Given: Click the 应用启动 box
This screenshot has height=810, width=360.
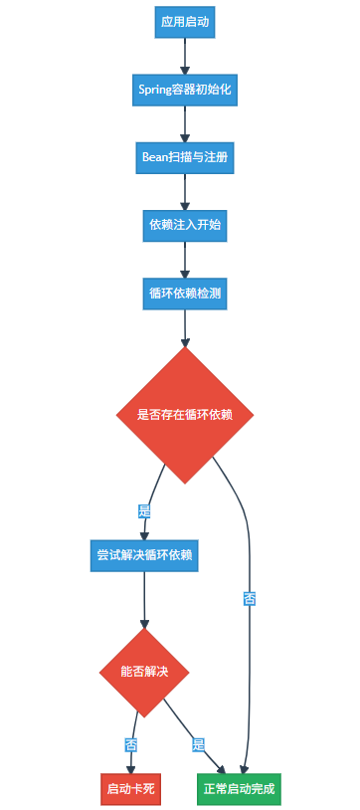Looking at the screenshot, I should click(185, 22).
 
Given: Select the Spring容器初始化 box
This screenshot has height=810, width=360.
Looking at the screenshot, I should click(185, 90).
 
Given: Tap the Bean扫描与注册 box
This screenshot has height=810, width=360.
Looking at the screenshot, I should click(185, 157).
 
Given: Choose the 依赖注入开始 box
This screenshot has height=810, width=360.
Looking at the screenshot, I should click(185, 225).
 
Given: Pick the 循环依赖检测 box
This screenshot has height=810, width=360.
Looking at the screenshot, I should click(185, 293).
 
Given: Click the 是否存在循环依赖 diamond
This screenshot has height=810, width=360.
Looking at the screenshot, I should click(185, 415).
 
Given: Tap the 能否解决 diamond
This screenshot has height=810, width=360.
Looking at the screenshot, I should click(144, 672).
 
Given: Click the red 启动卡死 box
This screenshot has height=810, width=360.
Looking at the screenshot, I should click(129, 789).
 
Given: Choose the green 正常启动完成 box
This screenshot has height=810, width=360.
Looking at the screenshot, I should click(239, 789).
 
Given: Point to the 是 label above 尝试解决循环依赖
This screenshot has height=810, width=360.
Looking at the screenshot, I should click(144, 510).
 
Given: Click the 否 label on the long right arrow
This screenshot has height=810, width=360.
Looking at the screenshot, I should click(249, 599).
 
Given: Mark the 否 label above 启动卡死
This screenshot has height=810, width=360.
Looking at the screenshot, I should click(130, 744).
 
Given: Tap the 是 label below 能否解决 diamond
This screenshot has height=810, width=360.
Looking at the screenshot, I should click(198, 744).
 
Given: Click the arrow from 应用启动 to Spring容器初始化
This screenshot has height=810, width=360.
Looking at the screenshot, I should click(185, 56).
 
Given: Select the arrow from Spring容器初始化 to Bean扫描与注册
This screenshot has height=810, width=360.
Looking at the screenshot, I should click(185, 123).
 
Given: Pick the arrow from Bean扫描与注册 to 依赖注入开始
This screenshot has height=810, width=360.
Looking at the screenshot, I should click(185, 191).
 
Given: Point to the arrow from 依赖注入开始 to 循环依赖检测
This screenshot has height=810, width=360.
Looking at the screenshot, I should click(185, 259).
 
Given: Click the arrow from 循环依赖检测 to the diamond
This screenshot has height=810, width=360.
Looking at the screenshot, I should click(185, 328).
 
